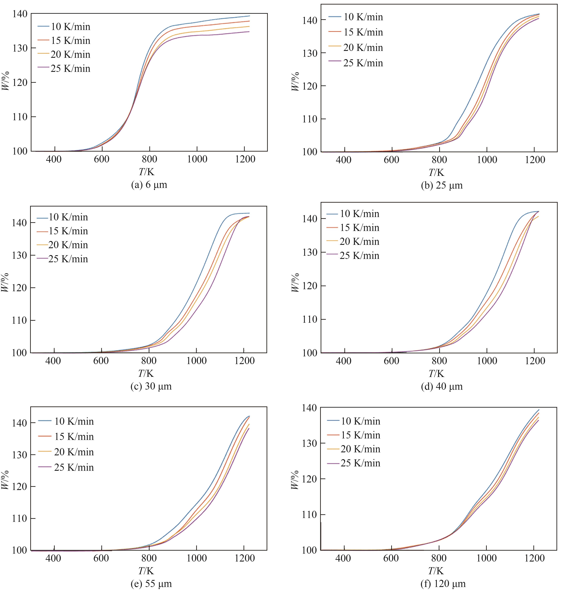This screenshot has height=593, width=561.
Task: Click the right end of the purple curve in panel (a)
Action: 249,32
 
